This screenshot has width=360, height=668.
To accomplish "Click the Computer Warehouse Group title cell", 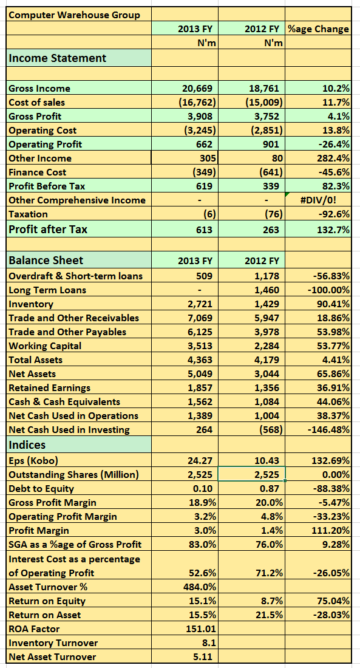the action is coord(74,15).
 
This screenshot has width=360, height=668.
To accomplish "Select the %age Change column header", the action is coord(318,29).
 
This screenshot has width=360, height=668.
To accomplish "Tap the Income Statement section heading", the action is coord(58,58).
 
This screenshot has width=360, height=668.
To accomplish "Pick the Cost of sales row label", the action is coord(36,102).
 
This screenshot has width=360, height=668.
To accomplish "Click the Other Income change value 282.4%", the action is coord(333,158).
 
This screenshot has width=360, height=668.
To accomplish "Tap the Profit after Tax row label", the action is coord(48,229).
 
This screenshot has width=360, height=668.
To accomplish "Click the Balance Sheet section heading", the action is coord(46,260).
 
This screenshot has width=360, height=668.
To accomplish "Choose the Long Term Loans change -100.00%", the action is coord(328,290).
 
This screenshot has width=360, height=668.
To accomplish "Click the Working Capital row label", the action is coord(45,346).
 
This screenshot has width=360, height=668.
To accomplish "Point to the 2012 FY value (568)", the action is coord(270,430).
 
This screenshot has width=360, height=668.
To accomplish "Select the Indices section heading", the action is coord(27,445).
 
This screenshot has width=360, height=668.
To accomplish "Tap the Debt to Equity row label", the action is coord(41,489).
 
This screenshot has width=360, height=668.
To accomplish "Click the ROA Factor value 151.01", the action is coord(201,629).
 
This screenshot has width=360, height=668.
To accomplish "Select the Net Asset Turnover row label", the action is coord(52,656).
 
